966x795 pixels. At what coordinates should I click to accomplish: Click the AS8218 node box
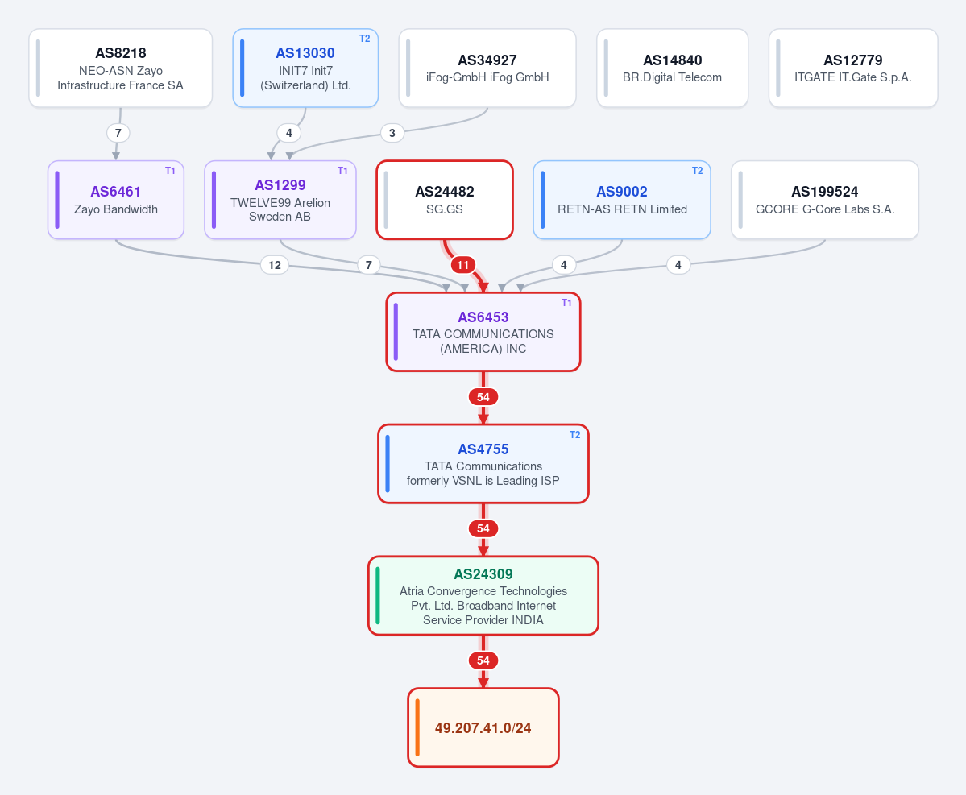121,68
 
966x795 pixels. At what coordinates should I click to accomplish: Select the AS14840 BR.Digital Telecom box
672,68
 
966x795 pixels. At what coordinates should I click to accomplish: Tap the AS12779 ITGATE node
853,68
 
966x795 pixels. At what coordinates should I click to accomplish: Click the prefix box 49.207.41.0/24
483,727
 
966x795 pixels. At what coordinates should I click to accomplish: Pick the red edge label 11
462,266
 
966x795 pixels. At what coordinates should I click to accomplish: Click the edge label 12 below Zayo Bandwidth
275,265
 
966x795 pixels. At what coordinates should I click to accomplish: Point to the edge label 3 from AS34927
392,133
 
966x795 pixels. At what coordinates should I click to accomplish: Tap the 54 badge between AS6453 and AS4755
483,397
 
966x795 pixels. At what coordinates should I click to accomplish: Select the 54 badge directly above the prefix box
483,660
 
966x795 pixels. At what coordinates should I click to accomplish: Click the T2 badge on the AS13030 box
365,39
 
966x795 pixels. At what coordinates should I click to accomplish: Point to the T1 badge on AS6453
566,302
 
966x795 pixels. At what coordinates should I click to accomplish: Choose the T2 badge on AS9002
698,171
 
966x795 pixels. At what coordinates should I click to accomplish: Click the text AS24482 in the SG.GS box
445,192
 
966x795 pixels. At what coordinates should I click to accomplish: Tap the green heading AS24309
483,574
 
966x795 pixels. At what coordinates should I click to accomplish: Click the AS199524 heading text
825,192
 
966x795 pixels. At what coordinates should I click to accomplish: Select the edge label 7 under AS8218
118,133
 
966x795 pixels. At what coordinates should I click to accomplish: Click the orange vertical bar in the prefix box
417,727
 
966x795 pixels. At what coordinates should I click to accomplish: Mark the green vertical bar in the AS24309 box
378,595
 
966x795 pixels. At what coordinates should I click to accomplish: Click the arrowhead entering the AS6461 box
116,156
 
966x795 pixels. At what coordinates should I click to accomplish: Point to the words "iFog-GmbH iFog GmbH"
487,77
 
